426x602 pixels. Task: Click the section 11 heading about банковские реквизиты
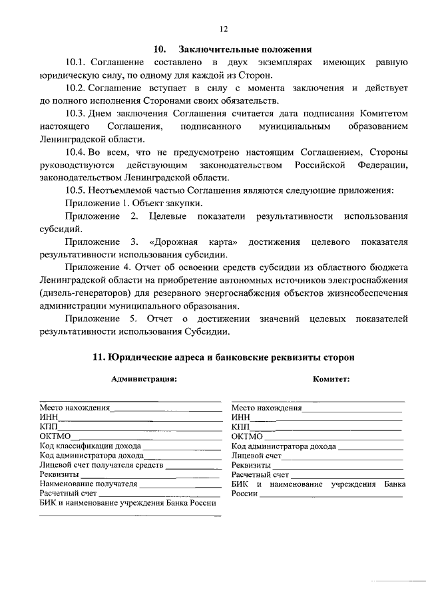click(223, 357)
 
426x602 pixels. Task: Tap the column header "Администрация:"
click(144, 379)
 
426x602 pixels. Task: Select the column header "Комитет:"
click(331, 379)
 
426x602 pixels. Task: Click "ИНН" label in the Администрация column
click(48, 418)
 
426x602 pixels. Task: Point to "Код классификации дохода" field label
click(85, 446)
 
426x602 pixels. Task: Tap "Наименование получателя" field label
click(83, 484)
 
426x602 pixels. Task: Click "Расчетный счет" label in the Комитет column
click(260, 475)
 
